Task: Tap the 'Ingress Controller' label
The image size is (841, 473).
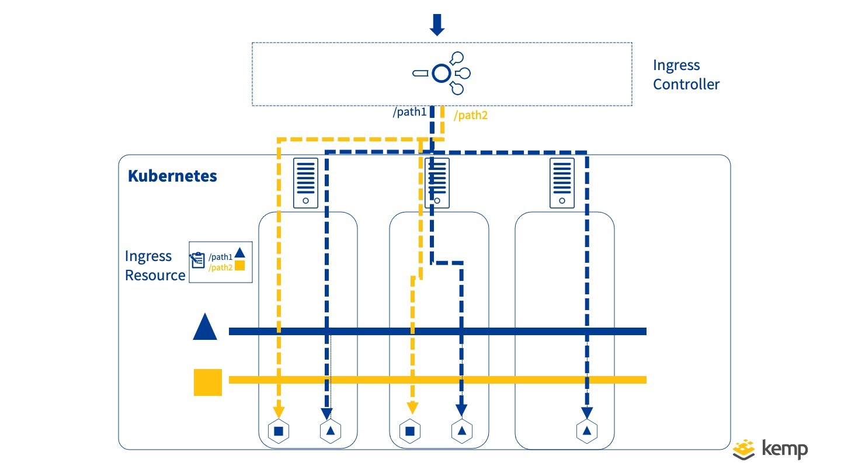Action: (x=686, y=75)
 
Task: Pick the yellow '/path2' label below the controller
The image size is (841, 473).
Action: (x=471, y=116)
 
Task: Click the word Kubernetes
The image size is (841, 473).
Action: (x=172, y=176)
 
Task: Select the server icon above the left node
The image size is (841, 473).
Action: (x=305, y=183)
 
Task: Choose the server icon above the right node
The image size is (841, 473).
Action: (x=562, y=183)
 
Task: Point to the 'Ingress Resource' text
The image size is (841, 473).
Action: (x=155, y=266)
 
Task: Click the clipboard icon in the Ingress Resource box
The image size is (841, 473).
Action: (x=197, y=260)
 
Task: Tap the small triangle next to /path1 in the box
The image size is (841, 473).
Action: (x=239, y=254)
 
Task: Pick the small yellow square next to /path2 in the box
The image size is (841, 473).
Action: (x=239, y=266)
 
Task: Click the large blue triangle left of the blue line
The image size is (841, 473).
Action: (x=205, y=327)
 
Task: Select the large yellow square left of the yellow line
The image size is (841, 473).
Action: (x=208, y=382)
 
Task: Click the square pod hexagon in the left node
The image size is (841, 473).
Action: (x=279, y=431)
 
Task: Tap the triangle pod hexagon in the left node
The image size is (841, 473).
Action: (x=331, y=431)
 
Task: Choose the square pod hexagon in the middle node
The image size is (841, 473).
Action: (x=410, y=431)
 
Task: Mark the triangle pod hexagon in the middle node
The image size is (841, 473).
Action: (x=462, y=431)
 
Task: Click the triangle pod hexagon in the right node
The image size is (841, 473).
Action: (x=586, y=431)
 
